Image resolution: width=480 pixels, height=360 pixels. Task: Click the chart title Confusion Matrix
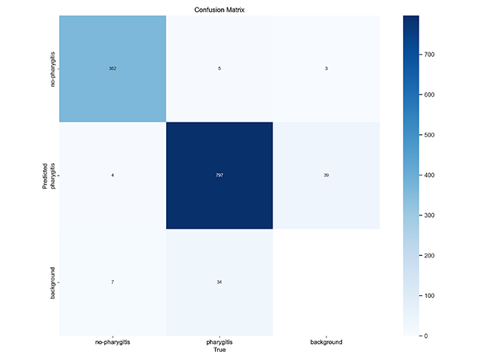(x=219, y=10)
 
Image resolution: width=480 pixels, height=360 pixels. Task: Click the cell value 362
(x=112, y=69)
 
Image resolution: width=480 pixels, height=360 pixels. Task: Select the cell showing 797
(x=219, y=176)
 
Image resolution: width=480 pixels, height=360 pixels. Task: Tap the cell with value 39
(x=326, y=176)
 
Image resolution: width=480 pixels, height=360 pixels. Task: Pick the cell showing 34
(x=219, y=283)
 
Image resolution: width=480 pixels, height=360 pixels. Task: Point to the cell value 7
(x=112, y=283)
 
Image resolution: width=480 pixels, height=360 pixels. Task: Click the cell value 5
(x=219, y=69)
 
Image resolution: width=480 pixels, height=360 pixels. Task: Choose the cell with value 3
(x=326, y=69)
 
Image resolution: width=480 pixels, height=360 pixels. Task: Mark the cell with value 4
(x=112, y=176)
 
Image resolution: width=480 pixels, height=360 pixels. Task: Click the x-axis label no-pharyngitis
(x=112, y=342)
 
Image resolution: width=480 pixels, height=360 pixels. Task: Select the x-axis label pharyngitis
(x=219, y=342)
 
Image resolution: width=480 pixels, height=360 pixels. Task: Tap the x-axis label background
(x=326, y=342)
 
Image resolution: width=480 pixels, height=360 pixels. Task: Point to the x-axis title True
(x=219, y=351)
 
